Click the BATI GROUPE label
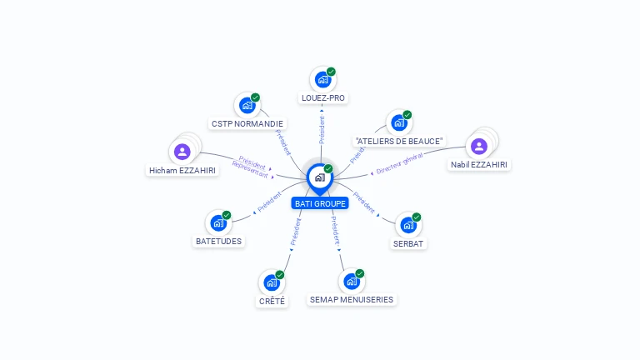pos(320,203)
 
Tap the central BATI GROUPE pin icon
pos(320,177)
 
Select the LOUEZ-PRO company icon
pos(322,80)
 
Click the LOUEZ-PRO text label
pos(322,98)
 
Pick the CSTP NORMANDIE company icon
pos(247,106)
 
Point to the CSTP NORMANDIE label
pos(247,124)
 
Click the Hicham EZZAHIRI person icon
pos(182,152)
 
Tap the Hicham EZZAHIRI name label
pos(182,171)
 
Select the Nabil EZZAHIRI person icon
pos(478,147)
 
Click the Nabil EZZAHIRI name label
pos(479,165)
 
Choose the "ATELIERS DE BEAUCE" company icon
pos(399,123)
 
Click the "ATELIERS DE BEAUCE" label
pos(399,142)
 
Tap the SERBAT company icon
pos(407,225)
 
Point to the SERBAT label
pos(408,244)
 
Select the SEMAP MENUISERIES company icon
pos(351,282)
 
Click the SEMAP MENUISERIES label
pos(351,300)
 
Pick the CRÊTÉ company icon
pos(272,282)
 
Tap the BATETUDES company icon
pos(218,223)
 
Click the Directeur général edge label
pos(399,162)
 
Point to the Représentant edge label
pos(250,170)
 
